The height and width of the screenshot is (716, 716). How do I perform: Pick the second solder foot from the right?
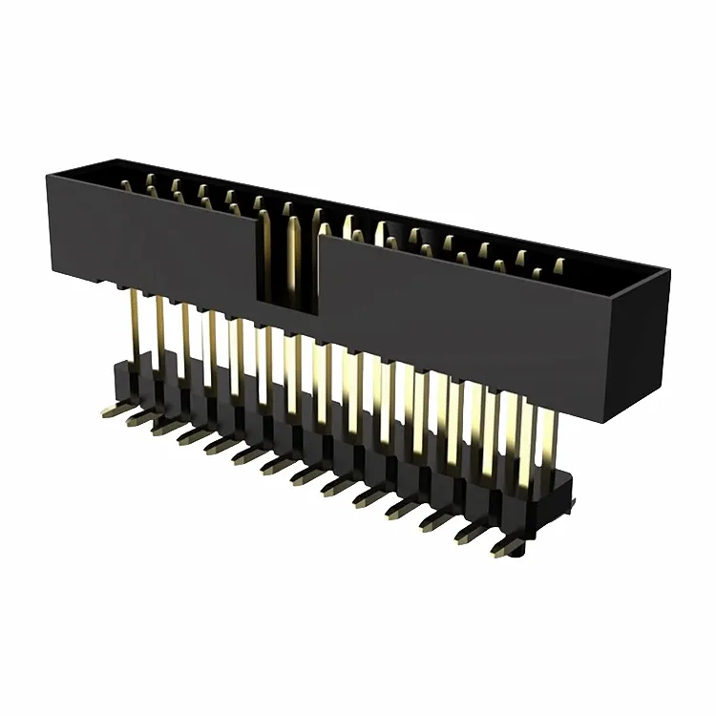click(x=470, y=532)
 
